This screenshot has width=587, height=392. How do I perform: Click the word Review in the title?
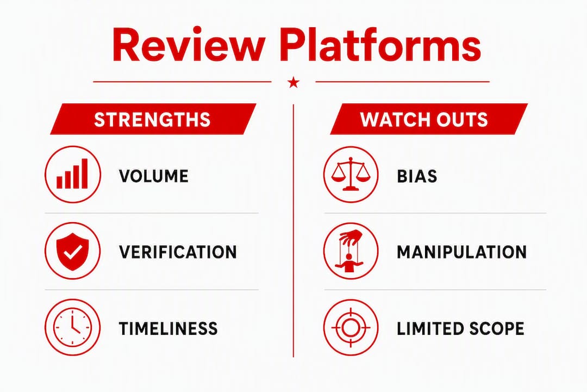186,44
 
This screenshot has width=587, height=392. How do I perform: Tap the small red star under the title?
293,82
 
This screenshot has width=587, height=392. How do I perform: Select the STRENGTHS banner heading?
153,119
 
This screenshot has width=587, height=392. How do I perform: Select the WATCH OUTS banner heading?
429,119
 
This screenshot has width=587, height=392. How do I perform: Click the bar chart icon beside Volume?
73,174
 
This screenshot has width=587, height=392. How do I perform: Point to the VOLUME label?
153,176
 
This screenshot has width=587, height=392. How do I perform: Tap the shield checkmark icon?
73,251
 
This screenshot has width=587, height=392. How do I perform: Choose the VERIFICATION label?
178,252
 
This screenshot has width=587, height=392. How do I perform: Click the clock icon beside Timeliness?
73,327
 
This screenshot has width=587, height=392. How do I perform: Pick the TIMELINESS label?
168,329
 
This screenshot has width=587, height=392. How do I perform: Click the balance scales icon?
351,174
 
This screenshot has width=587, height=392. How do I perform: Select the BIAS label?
417,176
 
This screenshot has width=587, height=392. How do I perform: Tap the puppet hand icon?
351,251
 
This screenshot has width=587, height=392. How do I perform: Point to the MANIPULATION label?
461,252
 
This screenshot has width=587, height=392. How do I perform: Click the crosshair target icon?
351,327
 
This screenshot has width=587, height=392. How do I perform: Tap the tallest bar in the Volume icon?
85,174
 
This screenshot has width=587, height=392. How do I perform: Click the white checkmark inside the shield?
73,252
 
